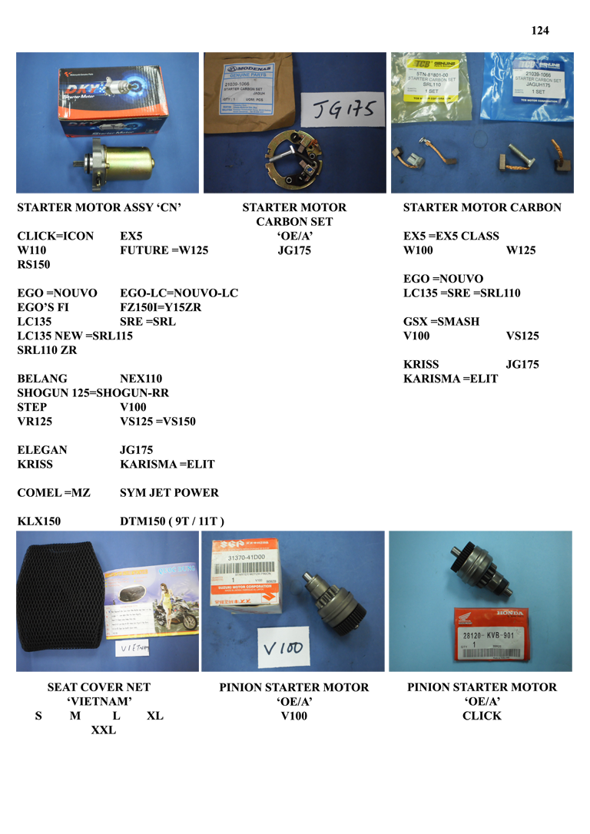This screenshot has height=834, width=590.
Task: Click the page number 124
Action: [x=540, y=31]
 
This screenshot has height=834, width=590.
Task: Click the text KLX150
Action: [x=39, y=521]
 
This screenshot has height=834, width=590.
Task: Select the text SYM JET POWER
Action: [x=169, y=493]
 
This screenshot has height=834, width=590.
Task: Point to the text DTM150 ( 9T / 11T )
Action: [x=172, y=521]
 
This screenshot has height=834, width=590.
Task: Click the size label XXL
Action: [x=103, y=730]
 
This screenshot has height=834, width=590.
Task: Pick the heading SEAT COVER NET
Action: [x=99, y=687]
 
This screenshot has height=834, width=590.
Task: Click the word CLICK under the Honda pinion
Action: [x=482, y=716]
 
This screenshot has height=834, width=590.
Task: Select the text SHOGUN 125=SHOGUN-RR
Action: [x=93, y=393]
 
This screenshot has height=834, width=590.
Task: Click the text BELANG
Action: [x=42, y=379]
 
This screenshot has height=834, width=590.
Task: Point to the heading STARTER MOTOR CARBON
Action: [x=482, y=207]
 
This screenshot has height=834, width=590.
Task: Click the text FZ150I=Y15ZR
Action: [x=160, y=307]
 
